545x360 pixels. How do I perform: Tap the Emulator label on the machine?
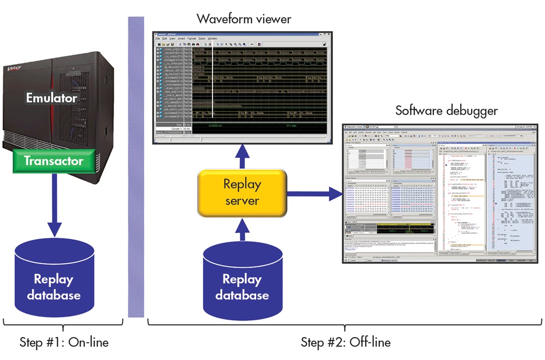pos(52,98)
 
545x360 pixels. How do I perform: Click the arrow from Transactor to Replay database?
pos(54,203)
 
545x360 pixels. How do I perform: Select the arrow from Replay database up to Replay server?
pos(242,229)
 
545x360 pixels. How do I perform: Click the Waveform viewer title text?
pos(244,19)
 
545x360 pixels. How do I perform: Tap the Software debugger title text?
pos(446,110)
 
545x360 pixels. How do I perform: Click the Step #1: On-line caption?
pos(64,342)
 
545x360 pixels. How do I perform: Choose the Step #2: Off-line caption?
pos(345,342)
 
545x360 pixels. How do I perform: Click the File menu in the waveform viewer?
pos(158,38)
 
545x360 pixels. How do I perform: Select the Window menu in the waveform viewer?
pos(212,38)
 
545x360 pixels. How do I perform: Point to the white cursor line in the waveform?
pos(212,84)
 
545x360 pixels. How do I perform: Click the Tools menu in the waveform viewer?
pos(202,38)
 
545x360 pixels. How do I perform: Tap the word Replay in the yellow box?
pos(242,184)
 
